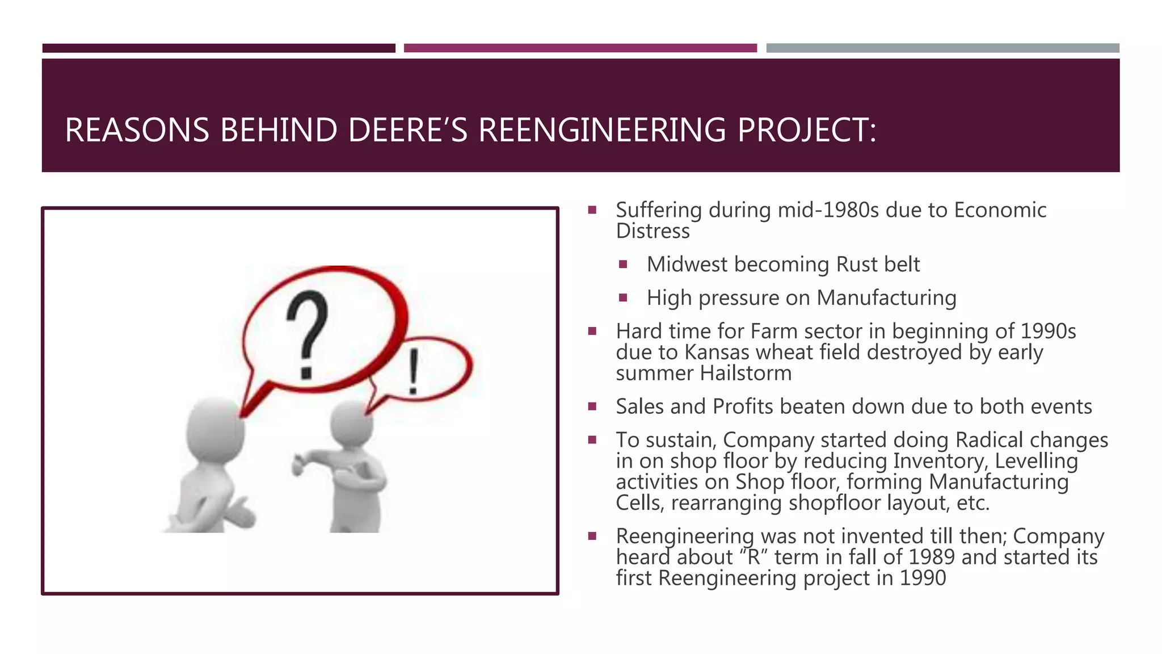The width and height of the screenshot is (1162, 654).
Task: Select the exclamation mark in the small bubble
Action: click(414, 371)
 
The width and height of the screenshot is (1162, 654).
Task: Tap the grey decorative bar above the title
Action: click(942, 48)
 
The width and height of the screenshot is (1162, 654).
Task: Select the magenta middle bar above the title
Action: click(580, 48)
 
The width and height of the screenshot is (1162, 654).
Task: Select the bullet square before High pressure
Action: click(623, 297)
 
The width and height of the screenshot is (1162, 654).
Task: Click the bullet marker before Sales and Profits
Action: click(592, 406)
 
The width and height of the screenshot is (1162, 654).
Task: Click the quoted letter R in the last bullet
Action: click(753, 557)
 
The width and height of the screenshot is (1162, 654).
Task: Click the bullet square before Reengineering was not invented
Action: click(592, 536)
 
